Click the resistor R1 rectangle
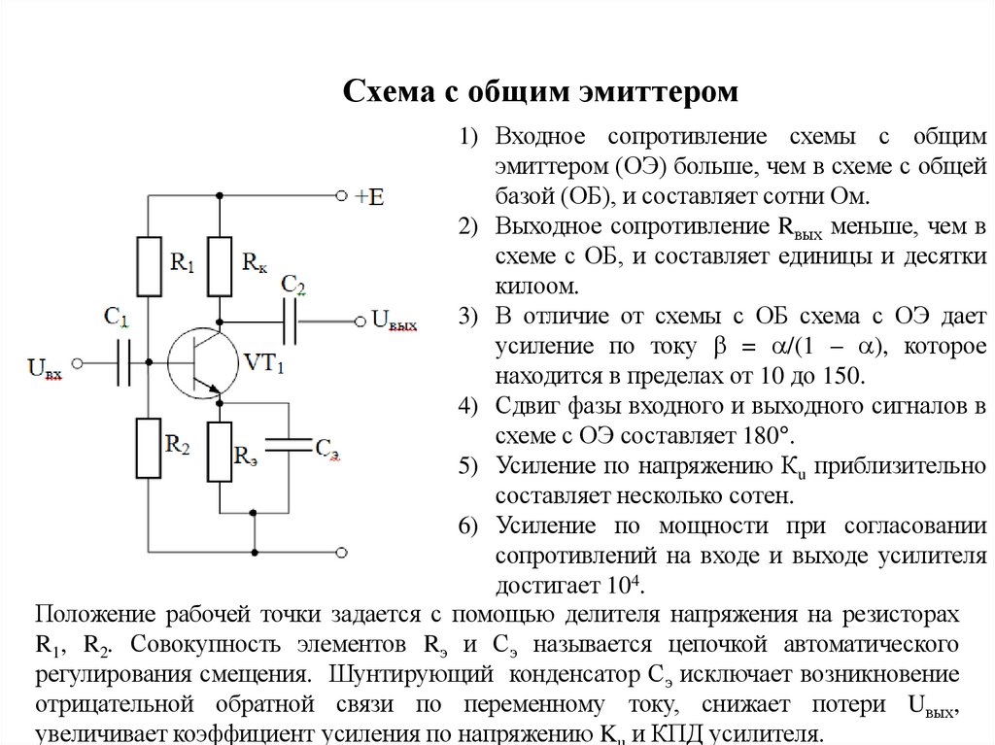[x=149, y=266]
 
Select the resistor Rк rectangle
[x=221, y=266]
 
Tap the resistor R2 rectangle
[x=149, y=448]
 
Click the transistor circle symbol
[x=200, y=362]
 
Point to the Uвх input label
[x=46, y=368]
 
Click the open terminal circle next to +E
[x=341, y=195]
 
